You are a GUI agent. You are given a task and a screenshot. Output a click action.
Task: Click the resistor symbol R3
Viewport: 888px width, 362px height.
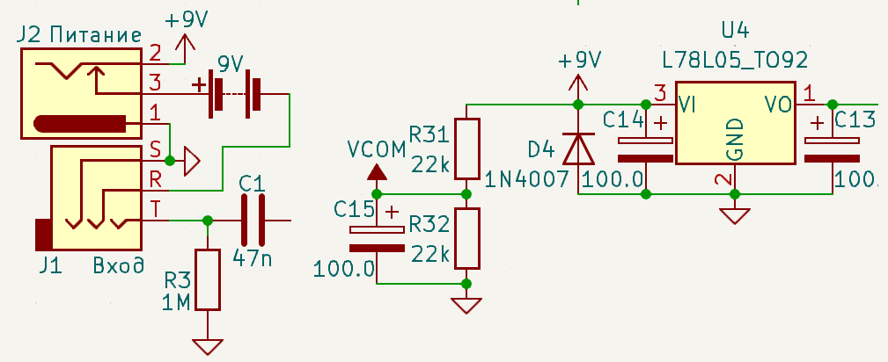click(x=208, y=279)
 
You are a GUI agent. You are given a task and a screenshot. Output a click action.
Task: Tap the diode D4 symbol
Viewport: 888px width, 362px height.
click(x=578, y=148)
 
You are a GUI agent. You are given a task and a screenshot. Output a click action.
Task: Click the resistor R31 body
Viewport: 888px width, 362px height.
click(x=466, y=148)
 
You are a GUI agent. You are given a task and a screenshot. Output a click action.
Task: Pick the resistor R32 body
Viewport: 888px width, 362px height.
click(x=466, y=238)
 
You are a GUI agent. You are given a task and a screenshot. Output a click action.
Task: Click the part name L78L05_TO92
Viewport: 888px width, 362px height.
click(x=735, y=60)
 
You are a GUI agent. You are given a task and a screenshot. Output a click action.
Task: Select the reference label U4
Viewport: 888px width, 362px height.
click(x=735, y=30)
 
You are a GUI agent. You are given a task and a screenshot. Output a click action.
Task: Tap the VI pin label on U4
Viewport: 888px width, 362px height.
click(x=687, y=105)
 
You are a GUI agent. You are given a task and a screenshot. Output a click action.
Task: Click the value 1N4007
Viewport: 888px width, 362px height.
click(x=527, y=180)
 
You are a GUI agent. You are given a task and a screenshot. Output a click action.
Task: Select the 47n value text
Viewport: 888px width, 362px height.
click(x=253, y=258)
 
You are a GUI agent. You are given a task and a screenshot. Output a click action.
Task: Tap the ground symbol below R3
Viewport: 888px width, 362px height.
click(x=208, y=346)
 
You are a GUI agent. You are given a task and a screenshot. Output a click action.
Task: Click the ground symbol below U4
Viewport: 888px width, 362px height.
click(x=735, y=216)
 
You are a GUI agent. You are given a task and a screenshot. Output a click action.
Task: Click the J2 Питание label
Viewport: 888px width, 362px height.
click(x=78, y=36)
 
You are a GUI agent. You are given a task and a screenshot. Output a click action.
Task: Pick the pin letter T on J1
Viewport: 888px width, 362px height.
click(x=153, y=210)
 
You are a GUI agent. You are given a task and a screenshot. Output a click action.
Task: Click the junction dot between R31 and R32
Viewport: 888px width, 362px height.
click(x=466, y=194)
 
